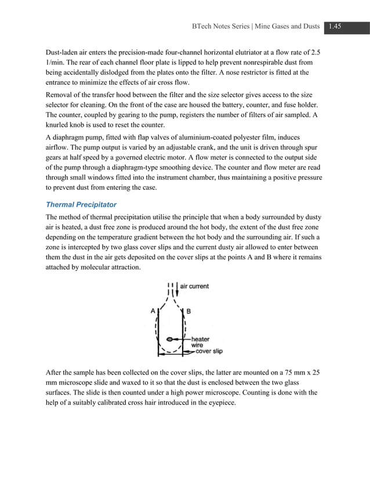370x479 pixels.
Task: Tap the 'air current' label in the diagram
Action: coord(195,286)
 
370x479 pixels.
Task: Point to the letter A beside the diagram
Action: coord(153,311)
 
